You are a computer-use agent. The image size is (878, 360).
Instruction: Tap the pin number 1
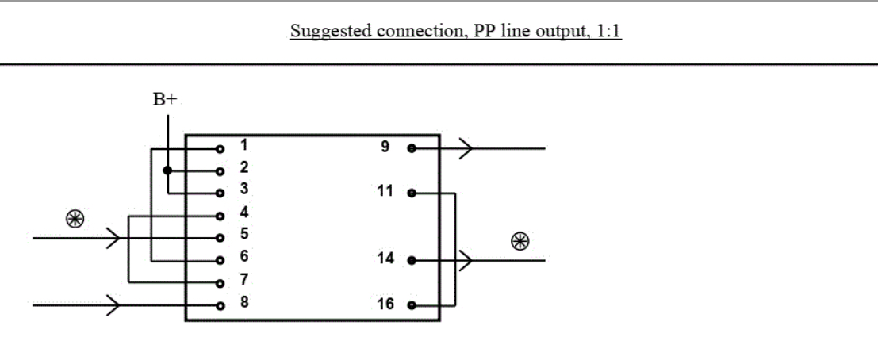[x=243, y=146]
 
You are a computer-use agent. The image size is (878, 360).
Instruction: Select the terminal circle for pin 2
[x=220, y=170]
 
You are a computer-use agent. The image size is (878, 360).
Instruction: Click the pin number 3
[x=243, y=190]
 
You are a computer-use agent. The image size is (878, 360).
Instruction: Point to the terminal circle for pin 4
[x=220, y=216]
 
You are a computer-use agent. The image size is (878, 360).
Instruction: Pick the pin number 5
[x=243, y=234]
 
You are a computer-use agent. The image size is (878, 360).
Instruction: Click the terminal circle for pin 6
[x=220, y=261]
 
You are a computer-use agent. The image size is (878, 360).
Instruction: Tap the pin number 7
[x=243, y=280]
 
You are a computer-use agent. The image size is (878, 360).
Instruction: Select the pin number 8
[x=243, y=302]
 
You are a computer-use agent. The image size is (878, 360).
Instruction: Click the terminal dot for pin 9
[x=411, y=147]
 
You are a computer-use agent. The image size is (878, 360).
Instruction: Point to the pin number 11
[x=386, y=191]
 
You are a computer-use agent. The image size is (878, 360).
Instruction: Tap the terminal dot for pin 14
[x=411, y=260]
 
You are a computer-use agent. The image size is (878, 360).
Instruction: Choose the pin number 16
[x=386, y=303]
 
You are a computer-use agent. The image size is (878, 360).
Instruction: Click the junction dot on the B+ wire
[x=167, y=170]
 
